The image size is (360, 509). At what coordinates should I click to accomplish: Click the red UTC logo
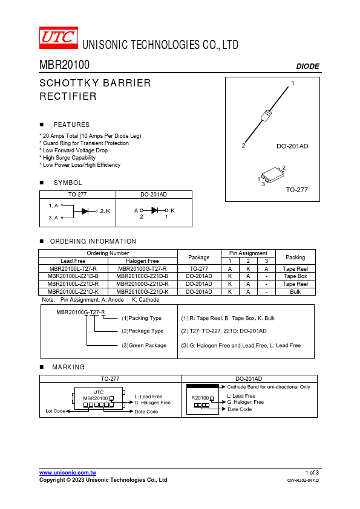[x=59, y=37]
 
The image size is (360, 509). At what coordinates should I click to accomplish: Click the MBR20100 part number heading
[x=64, y=65]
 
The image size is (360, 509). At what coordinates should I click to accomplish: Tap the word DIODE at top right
[x=308, y=66]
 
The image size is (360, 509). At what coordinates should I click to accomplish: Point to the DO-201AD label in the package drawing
[x=292, y=146]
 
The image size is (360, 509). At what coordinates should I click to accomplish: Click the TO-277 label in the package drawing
[x=296, y=190]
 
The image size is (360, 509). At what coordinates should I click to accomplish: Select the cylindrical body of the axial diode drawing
[x=266, y=115]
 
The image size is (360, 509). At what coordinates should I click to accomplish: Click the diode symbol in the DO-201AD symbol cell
[x=155, y=210]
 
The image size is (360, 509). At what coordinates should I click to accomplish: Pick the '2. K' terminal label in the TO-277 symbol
[x=105, y=211]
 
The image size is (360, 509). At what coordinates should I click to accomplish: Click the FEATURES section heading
[x=71, y=125]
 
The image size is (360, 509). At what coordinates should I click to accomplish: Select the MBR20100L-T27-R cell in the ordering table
[x=73, y=269]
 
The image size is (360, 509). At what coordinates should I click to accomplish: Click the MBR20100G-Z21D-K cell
[x=142, y=292]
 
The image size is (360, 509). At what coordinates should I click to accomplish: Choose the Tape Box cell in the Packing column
[x=295, y=276]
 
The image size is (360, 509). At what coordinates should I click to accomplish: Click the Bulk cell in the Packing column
[x=295, y=292]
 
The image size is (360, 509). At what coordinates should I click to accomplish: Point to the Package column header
[x=199, y=258]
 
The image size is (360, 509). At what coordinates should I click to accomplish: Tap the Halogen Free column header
[x=142, y=261]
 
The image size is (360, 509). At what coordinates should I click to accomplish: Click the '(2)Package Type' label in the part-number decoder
[x=143, y=331]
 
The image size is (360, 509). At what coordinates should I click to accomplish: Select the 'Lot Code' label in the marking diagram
[x=56, y=411]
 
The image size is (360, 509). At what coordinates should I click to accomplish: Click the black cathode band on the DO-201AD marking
[x=203, y=386]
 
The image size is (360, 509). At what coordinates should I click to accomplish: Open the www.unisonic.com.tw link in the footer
[x=68, y=473]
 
